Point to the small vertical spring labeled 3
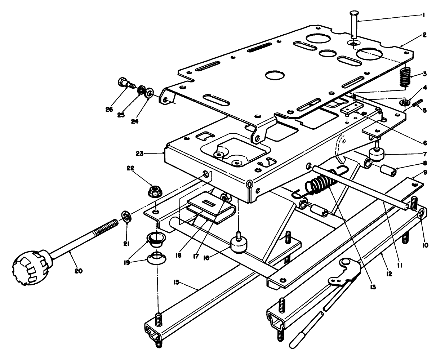[x=406, y=77]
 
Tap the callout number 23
[x=140, y=154]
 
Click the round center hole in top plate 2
[x=275, y=75]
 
